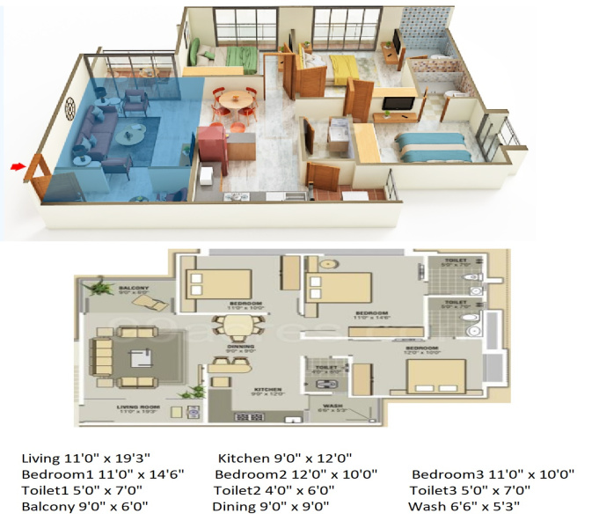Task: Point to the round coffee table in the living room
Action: click(x=132, y=133)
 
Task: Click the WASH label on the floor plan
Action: click(x=331, y=407)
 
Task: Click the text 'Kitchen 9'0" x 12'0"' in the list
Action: click(x=284, y=458)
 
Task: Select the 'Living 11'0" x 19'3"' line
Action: click(x=87, y=458)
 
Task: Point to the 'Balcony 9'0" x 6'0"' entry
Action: click(x=85, y=507)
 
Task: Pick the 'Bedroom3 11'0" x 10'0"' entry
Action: click(x=493, y=474)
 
